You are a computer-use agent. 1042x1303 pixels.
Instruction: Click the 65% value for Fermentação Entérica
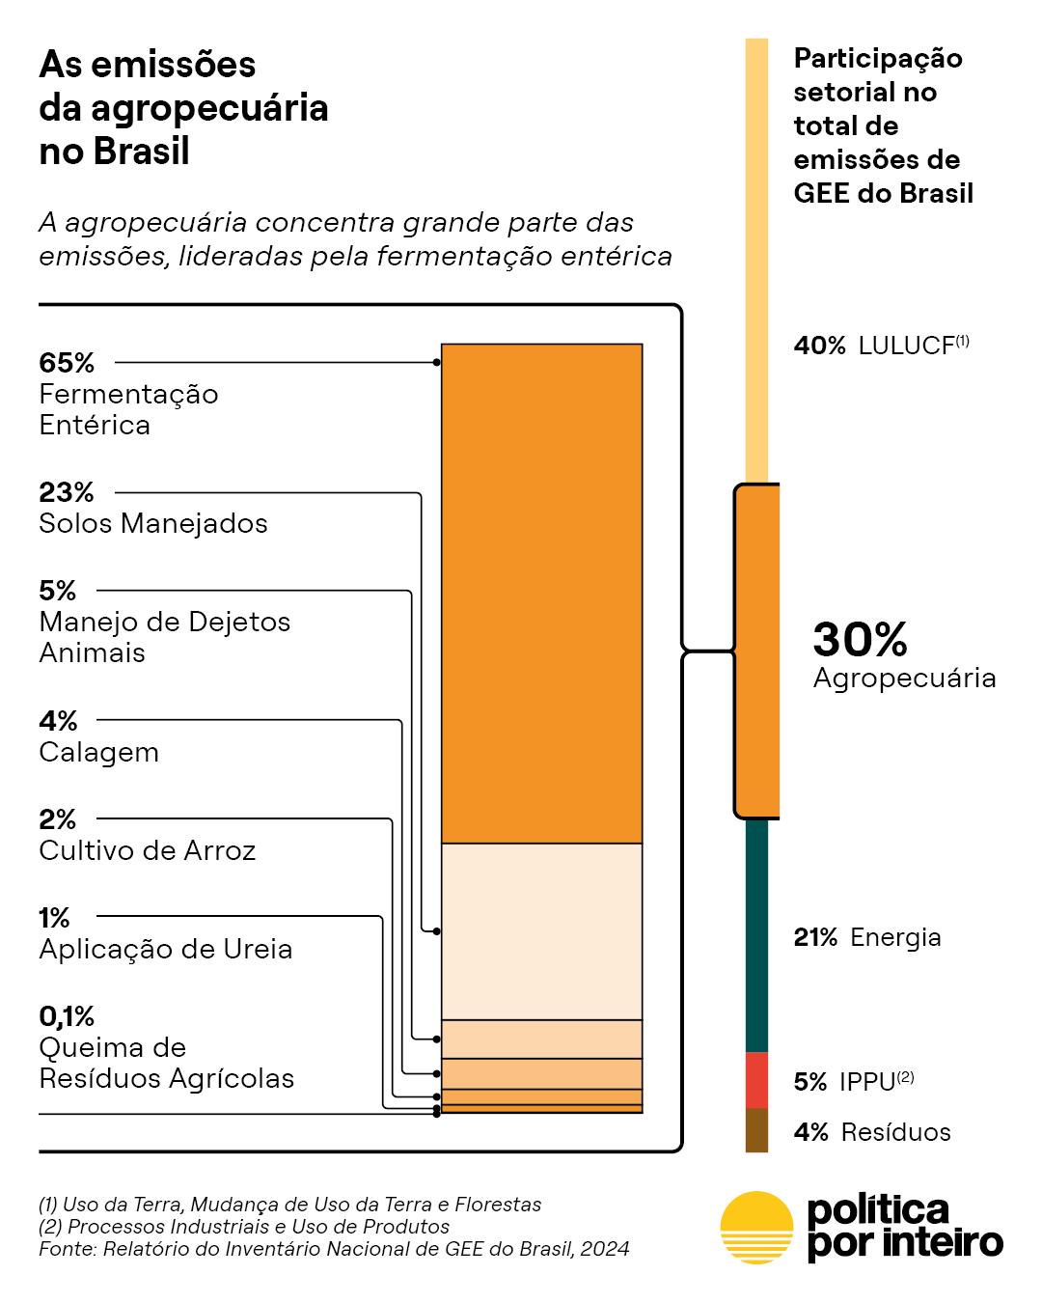click(67, 363)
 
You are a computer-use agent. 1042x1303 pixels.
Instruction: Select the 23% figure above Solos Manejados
click(67, 492)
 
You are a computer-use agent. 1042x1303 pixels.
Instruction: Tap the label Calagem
click(98, 752)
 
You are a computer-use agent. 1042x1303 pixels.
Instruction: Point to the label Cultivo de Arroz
click(147, 850)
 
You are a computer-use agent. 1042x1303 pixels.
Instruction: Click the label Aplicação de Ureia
click(165, 949)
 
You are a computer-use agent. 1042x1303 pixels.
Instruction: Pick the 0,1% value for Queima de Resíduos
click(67, 1016)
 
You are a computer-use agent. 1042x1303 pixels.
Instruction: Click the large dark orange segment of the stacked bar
click(541, 594)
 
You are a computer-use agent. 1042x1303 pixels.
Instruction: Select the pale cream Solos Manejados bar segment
click(541, 931)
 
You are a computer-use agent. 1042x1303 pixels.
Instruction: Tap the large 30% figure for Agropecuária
click(860, 639)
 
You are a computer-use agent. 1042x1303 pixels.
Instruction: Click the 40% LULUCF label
click(881, 346)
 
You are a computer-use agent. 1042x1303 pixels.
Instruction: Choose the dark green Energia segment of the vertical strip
click(756, 936)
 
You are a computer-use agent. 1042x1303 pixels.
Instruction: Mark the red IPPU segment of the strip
click(756, 1080)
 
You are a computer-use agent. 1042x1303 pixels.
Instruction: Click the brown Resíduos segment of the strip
click(756, 1130)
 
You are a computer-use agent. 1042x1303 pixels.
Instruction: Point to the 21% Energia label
click(866, 937)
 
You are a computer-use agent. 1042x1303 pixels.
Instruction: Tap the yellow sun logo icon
click(756, 1227)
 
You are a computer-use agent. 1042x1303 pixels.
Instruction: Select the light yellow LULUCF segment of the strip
click(756, 261)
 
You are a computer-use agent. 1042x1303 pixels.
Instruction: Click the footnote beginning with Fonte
click(334, 1249)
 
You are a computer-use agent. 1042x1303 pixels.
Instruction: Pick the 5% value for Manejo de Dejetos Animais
click(57, 591)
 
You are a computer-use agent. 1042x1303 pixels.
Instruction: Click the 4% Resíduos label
click(871, 1132)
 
